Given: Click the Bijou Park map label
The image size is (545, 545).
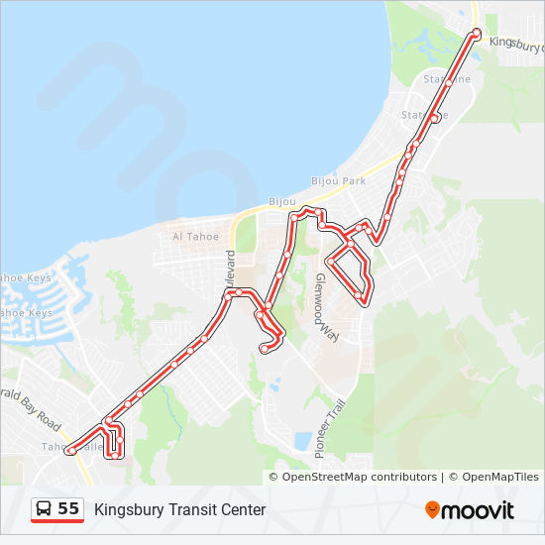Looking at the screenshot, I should (339, 181).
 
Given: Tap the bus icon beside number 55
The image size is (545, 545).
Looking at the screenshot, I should (45, 509).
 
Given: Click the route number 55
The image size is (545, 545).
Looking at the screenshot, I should (68, 509).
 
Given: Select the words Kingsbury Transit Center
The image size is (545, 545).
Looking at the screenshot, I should (180, 510).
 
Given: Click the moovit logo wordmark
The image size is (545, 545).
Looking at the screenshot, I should (478, 510).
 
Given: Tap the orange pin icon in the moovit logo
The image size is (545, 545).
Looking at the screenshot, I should (432, 509).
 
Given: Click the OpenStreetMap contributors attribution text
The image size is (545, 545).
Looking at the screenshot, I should (360, 477).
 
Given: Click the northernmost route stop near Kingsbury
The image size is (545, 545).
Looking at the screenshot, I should (477, 33).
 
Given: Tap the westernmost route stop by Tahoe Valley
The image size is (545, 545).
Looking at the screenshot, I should (70, 451).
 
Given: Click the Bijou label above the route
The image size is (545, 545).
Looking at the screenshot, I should (282, 201).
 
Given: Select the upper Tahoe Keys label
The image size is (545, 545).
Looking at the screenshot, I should (24, 278).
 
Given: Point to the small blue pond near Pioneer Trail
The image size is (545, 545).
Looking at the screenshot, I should (301, 440).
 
